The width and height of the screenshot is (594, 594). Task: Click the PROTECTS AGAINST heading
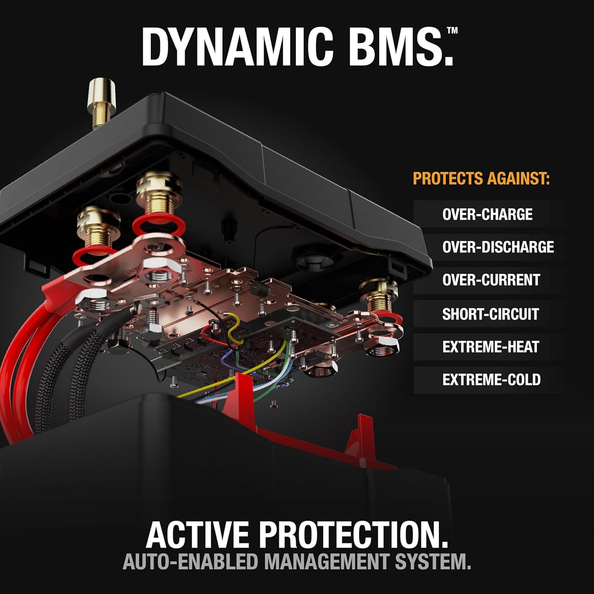(x=481, y=179)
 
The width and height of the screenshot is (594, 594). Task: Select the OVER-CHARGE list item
(x=487, y=214)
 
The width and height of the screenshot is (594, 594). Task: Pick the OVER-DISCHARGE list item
(x=498, y=247)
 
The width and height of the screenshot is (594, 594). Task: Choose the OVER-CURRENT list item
(x=491, y=280)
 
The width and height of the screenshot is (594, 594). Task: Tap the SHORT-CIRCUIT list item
(x=490, y=314)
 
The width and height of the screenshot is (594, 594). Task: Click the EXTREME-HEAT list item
(x=490, y=347)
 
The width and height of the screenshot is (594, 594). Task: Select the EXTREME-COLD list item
(x=491, y=380)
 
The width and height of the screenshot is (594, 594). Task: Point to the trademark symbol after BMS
(x=452, y=30)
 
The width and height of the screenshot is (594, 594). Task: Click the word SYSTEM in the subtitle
(x=436, y=562)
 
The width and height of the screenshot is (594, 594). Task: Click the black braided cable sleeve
(x=70, y=370)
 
